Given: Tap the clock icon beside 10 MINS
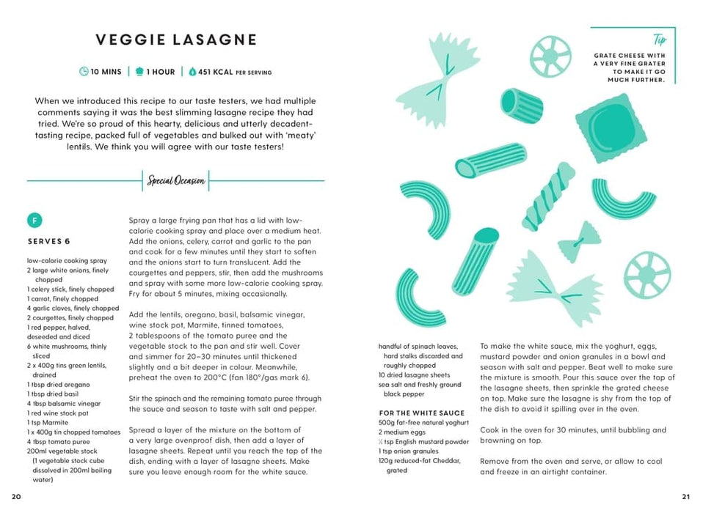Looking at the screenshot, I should pyautogui.click(x=84, y=72).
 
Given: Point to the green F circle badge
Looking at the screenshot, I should pyautogui.click(x=34, y=221).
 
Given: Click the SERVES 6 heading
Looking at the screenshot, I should pyautogui.click(x=49, y=241).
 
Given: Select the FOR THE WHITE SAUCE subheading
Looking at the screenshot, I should pyautogui.click(x=422, y=413).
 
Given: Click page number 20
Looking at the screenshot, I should pyautogui.click(x=16, y=497).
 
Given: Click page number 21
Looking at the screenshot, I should pyautogui.click(x=686, y=497).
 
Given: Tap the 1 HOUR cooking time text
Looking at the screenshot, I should pyautogui.click(x=160, y=72).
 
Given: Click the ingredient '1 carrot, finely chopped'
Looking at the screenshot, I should pyautogui.click(x=62, y=299).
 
